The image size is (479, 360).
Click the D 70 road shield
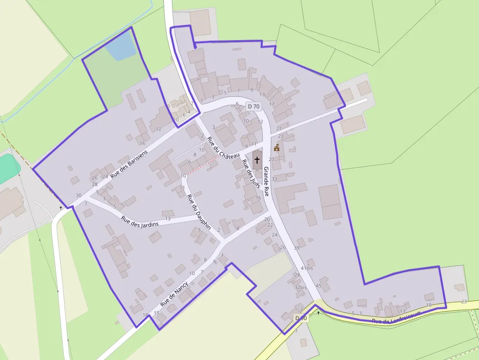[x=254, y=106]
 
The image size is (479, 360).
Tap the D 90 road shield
[x=301, y=318]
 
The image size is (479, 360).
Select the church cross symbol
[x=257, y=160]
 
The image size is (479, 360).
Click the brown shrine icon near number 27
[x=277, y=148]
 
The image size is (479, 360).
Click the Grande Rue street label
[x=266, y=181]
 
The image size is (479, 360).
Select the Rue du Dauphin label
[x=199, y=212]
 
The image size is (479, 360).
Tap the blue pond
[x=120, y=47]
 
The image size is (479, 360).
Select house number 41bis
[x=306, y=268]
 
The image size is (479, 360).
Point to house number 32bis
[x=300, y=287]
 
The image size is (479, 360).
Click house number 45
[x=318, y=286]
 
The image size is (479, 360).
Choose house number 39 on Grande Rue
[x=297, y=248]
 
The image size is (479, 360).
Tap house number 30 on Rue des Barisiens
[x=79, y=195]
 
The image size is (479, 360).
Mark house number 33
[x=274, y=179]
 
